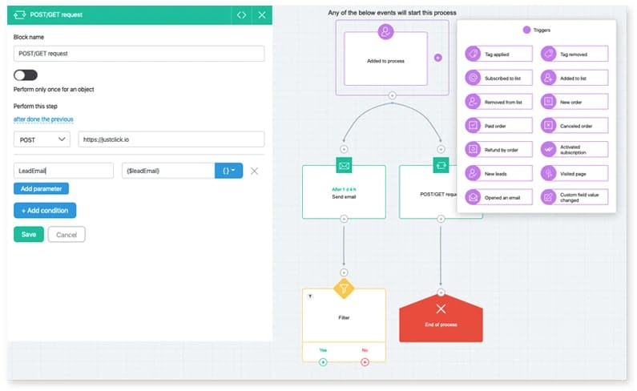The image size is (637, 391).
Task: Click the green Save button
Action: pos(29,235)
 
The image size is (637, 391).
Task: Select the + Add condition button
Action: pos(45,210)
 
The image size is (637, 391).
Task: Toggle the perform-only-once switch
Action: pos(26,75)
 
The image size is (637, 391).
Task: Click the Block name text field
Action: pos(139,54)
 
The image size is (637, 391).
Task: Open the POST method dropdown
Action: pos(43,139)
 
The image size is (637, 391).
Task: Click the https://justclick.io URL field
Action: pos(171,139)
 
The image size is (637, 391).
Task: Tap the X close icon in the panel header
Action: pos(261,14)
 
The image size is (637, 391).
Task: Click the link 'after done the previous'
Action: pos(43,119)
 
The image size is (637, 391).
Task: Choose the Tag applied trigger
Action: pos(498,54)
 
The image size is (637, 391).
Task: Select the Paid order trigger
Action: pos(498,125)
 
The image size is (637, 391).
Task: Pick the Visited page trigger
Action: pos(574,172)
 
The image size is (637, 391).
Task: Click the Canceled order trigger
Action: pos(574,125)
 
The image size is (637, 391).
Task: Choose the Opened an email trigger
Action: pos(498,196)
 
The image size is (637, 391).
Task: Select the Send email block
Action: pos(344,192)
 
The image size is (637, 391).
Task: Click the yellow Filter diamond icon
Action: pos(344,287)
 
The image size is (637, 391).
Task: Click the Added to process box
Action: pos(386,58)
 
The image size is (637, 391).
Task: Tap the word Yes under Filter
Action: pos(323,349)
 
